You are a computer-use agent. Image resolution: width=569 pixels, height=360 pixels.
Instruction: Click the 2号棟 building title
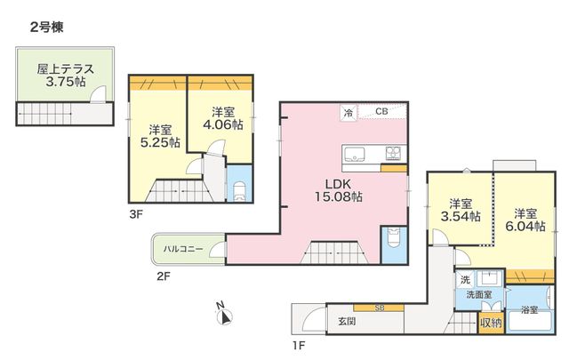[47, 28]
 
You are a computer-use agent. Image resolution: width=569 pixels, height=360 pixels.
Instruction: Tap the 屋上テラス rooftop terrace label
[65, 69]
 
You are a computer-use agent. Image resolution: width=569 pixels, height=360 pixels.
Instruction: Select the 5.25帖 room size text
[160, 142]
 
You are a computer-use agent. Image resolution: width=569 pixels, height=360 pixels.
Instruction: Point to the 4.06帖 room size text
[223, 124]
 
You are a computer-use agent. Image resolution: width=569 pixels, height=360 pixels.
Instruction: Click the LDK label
[339, 184]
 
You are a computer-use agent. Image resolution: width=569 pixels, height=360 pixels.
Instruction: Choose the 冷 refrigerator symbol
[349, 113]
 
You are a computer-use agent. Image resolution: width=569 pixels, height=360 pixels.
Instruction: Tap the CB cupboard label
[381, 111]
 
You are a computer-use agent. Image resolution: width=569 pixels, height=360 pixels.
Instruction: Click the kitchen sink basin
[354, 155]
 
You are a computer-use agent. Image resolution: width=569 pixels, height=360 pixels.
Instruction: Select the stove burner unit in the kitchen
[393, 153]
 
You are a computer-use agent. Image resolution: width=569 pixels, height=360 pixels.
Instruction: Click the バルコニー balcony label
[183, 249]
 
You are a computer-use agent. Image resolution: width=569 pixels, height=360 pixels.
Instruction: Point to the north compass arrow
[225, 317]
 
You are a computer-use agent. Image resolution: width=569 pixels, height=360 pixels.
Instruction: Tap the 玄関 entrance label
[347, 321]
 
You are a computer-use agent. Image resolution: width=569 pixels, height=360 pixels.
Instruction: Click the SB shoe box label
[380, 308]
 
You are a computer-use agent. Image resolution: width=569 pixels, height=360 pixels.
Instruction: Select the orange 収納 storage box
[491, 323]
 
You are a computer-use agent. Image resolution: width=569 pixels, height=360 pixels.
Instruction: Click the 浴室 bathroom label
[530, 309]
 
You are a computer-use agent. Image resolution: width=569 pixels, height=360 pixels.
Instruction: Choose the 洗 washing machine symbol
[465, 279]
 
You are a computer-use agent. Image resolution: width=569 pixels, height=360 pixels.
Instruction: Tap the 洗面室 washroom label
[479, 295]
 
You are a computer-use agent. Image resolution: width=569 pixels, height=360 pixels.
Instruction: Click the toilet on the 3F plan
[239, 191]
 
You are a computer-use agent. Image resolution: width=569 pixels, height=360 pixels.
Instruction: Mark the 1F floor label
[299, 346]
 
